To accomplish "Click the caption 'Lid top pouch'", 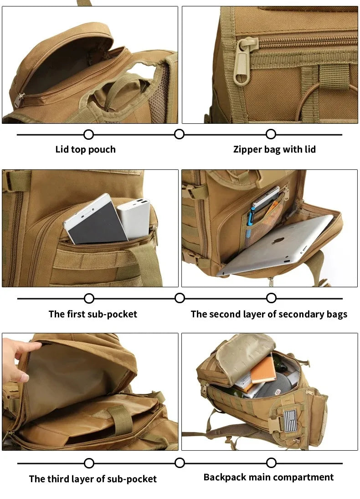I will point(85,149).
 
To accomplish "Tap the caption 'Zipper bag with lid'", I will point(274,149).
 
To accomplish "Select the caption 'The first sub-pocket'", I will point(93,314).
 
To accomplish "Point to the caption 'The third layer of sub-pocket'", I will point(93,479).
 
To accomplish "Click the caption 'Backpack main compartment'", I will point(268,477).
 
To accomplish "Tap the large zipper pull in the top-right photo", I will point(242,68).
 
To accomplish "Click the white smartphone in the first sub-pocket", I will point(96,219).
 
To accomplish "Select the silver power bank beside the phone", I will point(134,218).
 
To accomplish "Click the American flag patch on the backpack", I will point(290,419).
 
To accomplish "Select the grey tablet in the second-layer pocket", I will point(278,246).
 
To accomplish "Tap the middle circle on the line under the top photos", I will point(180,134).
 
